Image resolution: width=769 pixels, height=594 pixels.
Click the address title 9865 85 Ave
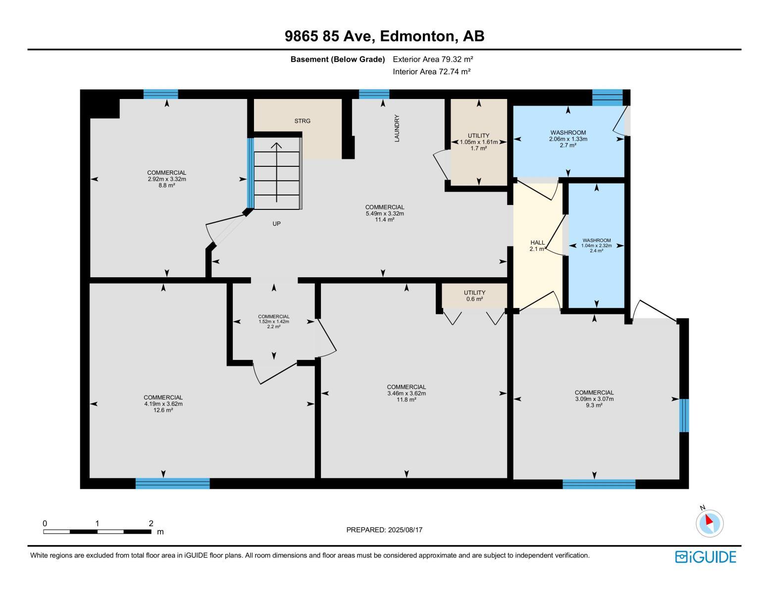point(384,36)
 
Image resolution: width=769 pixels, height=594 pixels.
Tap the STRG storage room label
point(302,121)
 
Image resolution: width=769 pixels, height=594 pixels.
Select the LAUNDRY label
point(397,128)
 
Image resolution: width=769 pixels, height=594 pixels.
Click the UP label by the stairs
point(276,224)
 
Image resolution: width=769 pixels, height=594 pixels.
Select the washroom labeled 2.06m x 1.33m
point(568,139)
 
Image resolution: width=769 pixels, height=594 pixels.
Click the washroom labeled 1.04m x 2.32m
point(596,246)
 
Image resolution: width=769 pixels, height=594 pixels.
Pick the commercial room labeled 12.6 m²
point(163,403)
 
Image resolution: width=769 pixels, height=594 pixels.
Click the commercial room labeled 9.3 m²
point(594,398)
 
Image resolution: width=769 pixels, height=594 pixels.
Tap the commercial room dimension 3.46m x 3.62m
point(407,394)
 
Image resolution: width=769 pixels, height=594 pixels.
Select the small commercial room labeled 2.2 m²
point(274,322)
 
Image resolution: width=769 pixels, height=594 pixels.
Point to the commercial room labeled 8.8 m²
point(166,179)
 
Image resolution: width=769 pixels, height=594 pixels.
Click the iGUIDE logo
point(706,557)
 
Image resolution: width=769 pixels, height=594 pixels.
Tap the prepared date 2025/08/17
point(384,530)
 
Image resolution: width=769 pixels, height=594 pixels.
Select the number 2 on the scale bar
point(151,523)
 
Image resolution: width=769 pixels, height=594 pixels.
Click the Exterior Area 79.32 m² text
point(433,59)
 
